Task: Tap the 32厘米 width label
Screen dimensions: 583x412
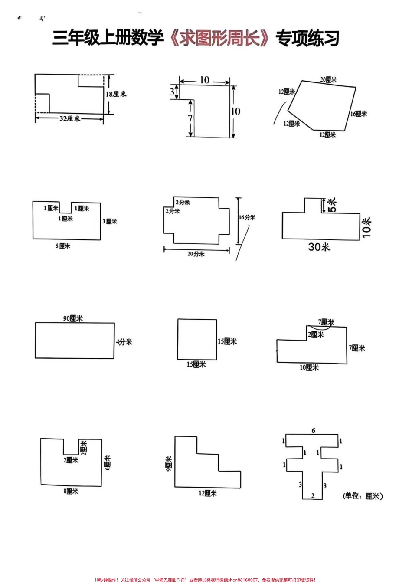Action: [70, 118]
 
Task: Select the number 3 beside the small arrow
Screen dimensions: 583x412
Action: [172, 92]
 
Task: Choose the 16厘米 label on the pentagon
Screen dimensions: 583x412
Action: [359, 114]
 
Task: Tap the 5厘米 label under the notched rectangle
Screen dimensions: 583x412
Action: [62, 246]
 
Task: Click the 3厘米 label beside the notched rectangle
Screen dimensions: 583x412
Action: [110, 222]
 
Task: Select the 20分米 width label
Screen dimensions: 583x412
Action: [196, 254]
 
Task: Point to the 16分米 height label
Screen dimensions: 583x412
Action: [247, 218]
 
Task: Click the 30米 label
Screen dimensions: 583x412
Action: [319, 247]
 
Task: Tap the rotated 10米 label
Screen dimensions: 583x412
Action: [367, 226]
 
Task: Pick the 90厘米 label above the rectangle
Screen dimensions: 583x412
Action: [73, 318]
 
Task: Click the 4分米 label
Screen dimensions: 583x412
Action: [124, 342]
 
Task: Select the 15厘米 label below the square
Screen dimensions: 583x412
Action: [196, 365]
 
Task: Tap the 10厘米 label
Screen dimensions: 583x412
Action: [309, 367]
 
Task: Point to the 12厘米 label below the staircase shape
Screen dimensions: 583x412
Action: [207, 493]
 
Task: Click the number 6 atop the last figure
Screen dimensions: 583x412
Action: [313, 431]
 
